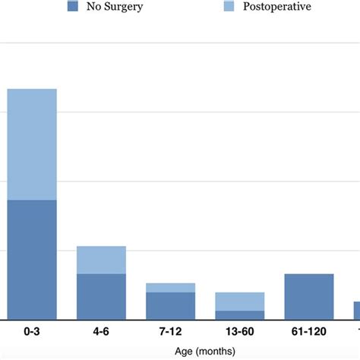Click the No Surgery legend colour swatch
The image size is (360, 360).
pyautogui.click(x=73, y=7)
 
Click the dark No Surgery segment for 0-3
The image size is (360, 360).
pyautogui.click(x=32, y=259)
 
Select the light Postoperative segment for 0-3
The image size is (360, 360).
pyautogui.click(x=32, y=144)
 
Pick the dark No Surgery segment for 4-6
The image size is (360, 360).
pyautogui.click(x=101, y=296)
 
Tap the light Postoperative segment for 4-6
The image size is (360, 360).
pyautogui.click(x=101, y=260)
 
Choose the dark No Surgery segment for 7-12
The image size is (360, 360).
pyautogui.click(x=170, y=305)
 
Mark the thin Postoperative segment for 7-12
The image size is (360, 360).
pyautogui.click(x=170, y=288)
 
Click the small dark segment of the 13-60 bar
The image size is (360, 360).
pyautogui.click(x=239, y=314)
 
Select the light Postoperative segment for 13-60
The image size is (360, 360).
pyautogui.click(x=239, y=302)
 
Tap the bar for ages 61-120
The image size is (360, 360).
pyautogui.click(x=308, y=296)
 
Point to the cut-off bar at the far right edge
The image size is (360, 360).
pyautogui.click(x=356, y=310)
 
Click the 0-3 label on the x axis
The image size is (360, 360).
pyautogui.click(x=32, y=332)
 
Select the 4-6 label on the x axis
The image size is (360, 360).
pyautogui.click(x=101, y=332)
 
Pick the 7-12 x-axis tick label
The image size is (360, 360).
pyautogui.click(x=170, y=332)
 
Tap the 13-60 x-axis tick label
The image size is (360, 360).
pyautogui.click(x=239, y=332)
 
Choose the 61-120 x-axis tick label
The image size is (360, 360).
pyautogui.click(x=308, y=332)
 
